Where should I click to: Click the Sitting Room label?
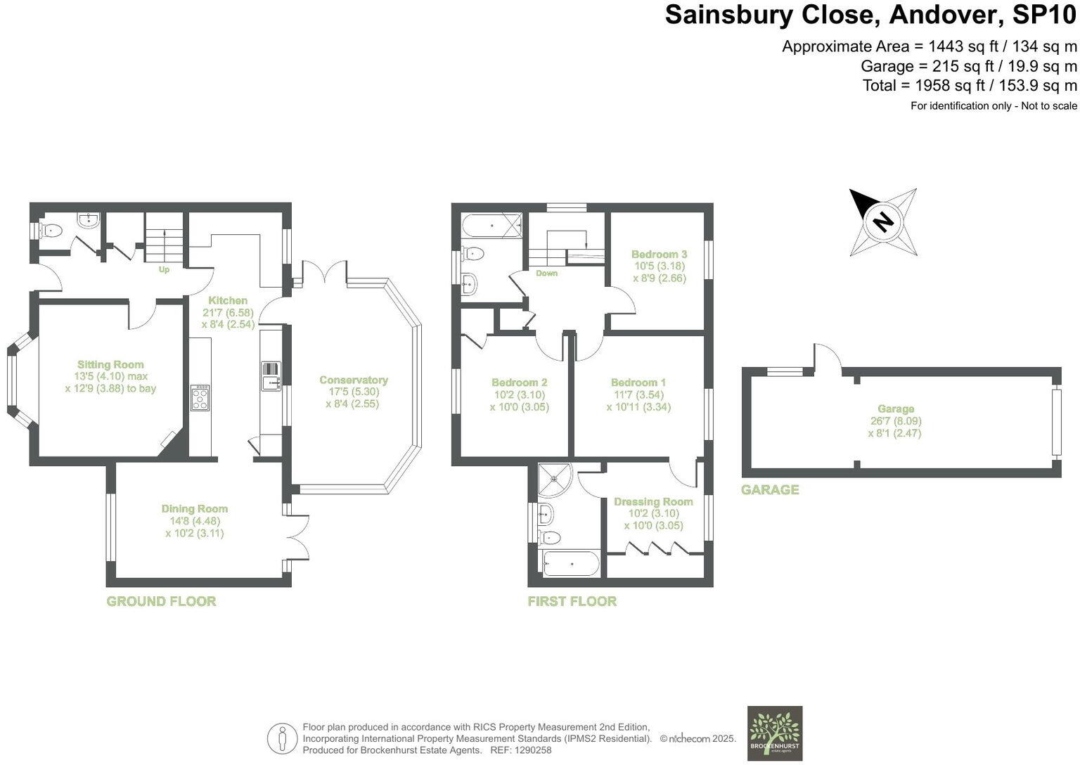110,364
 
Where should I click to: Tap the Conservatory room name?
353,380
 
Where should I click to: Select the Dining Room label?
195,508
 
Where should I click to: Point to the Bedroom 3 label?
659,254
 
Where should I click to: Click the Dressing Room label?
653,501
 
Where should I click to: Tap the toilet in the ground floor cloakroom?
50,230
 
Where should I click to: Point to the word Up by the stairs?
164,269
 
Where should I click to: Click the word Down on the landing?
546,273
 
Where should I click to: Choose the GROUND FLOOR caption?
161,601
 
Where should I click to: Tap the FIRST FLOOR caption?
572,601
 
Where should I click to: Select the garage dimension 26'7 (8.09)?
896,421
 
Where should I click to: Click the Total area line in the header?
970,86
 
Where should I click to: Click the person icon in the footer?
282,738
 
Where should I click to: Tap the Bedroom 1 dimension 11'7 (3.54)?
638,394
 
